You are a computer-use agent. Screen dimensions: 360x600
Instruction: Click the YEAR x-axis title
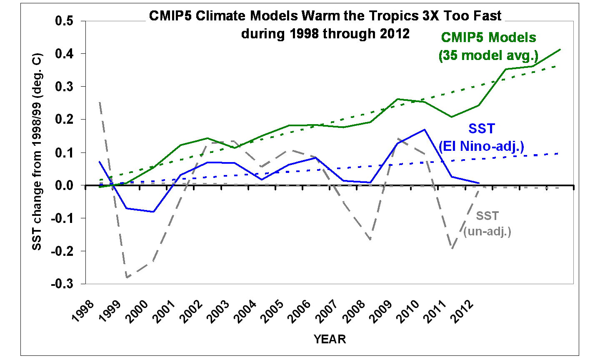coord(330,339)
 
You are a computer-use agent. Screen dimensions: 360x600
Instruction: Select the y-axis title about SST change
coord(37,152)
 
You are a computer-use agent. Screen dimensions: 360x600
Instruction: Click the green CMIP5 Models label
coord(488,37)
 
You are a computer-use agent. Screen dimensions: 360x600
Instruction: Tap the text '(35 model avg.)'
coord(488,55)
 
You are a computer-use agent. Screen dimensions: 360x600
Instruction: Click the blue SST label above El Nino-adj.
coord(481,129)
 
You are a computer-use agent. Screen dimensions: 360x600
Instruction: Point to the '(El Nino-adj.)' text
coord(481,146)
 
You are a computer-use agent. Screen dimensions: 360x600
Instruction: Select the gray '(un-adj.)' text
coord(487,232)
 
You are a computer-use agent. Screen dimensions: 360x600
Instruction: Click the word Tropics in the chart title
coord(361,16)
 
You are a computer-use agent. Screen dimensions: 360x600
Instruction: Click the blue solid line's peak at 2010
coord(424,130)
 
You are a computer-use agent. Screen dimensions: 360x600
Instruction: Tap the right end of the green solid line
coord(560,49)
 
